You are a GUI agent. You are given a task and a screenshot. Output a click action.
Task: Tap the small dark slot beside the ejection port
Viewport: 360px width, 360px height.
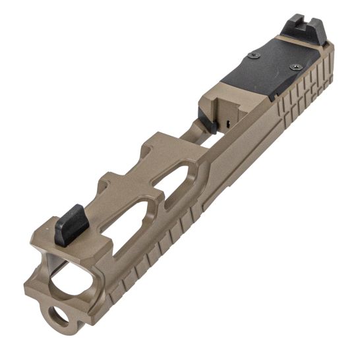(x=227, y=123)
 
